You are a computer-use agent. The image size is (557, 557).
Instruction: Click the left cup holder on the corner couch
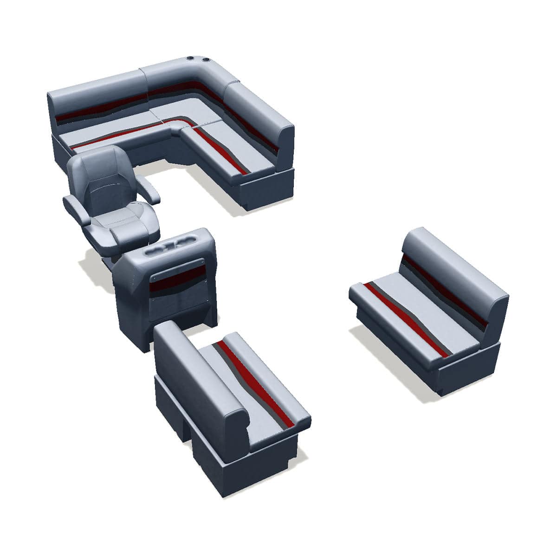coord(190,59)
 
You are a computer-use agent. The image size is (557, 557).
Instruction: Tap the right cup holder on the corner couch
coord(205,60)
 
